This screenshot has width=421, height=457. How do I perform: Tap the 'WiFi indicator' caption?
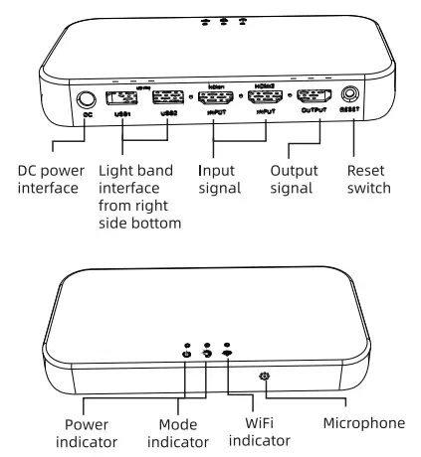pyautogui.click(x=263, y=429)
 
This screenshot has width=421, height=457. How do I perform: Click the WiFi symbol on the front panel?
pyautogui.click(x=228, y=353)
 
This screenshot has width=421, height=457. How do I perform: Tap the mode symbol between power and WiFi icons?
pyautogui.click(x=207, y=353)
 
